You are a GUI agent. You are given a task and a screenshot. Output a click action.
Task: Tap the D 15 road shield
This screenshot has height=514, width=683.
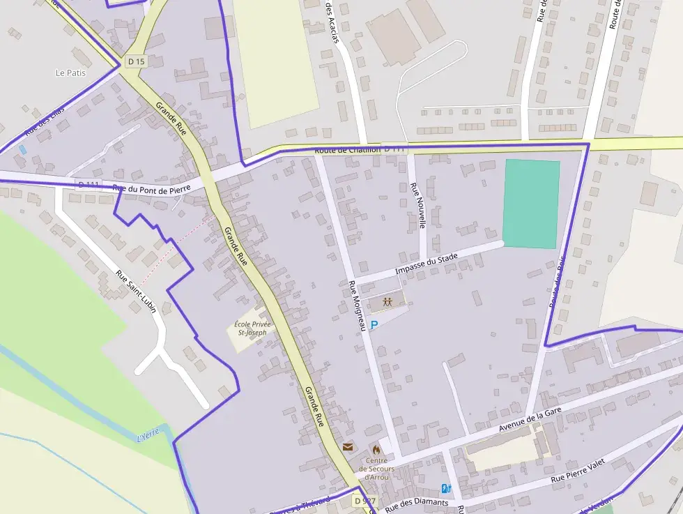click(x=137, y=62)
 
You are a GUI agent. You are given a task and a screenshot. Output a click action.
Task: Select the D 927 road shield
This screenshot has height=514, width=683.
click(x=364, y=501)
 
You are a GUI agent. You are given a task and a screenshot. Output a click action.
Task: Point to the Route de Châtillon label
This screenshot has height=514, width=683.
click(x=347, y=149)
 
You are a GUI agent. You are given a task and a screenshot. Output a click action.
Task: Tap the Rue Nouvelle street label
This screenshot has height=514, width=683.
click(x=418, y=206)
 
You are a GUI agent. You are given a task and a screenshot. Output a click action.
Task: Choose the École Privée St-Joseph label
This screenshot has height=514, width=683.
click(x=252, y=328)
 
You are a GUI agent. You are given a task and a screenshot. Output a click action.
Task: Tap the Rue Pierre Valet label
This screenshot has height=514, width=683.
click(x=578, y=471)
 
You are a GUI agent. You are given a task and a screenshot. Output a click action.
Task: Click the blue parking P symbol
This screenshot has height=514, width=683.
click(x=374, y=325)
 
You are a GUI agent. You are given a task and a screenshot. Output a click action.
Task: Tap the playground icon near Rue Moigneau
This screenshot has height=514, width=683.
click(x=387, y=302)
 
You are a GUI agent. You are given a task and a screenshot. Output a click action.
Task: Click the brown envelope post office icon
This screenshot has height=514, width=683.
click(x=348, y=446)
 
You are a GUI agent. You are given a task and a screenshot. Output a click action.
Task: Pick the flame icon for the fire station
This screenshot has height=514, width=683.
click(x=376, y=448)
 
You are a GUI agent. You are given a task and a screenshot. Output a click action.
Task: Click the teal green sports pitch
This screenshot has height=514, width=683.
click(x=531, y=204)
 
